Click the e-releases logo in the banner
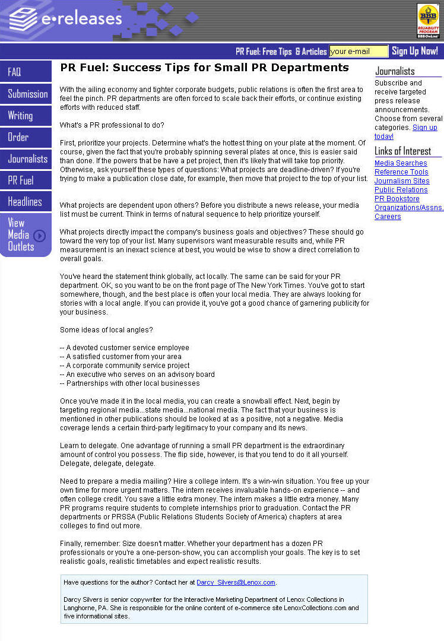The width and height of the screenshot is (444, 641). [65, 19]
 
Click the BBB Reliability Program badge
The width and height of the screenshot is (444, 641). [429, 21]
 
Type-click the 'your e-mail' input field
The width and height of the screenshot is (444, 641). [358, 52]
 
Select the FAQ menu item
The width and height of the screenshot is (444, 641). [26, 72]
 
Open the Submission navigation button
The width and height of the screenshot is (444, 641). [26, 94]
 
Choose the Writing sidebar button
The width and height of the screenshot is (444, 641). [26, 116]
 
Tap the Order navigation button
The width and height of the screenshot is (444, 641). [26, 137]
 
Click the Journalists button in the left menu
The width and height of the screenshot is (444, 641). [26, 159]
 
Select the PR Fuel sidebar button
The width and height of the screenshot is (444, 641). [26, 180]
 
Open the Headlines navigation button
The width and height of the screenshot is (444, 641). [26, 202]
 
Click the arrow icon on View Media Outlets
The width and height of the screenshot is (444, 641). [39, 236]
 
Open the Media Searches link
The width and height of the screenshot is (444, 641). [401, 163]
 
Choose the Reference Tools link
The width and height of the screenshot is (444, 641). [401, 172]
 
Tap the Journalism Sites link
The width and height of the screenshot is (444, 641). [402, 181]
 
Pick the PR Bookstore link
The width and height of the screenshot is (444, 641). [397, 199]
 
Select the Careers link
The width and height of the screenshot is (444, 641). [388, 217]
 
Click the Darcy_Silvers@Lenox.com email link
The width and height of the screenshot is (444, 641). [236, 582]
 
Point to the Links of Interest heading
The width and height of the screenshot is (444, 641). [403, 151]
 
